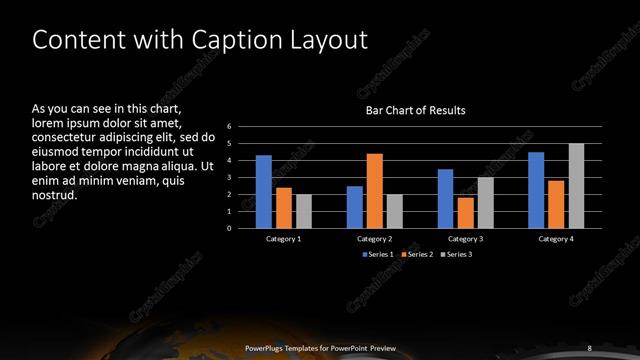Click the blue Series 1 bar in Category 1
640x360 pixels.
(x=264, y=191)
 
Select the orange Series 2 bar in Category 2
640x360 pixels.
(x=375, y=191)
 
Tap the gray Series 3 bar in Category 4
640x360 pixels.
(x=576, y=186)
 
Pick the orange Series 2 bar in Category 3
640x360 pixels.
(x=466, y=213)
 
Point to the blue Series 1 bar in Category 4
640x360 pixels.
(x=536, y=190)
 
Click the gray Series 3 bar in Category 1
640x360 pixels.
(x=304, y=211)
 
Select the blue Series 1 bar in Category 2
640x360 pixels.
(x=355, y=207)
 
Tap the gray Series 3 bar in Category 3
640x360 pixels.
(x=486, y=203)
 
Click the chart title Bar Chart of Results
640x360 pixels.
(x=414, y=110)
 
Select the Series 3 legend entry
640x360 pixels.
(x=455, y=254)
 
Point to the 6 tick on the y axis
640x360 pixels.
(x=229, y=127)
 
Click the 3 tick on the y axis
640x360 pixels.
(x=229, y=178)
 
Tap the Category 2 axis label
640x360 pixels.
(x=374, y=239)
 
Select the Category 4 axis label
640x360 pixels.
(x=556, y=239)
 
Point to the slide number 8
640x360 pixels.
(x=589, y=347)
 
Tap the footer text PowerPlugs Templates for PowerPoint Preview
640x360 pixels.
(x=320, y=347)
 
